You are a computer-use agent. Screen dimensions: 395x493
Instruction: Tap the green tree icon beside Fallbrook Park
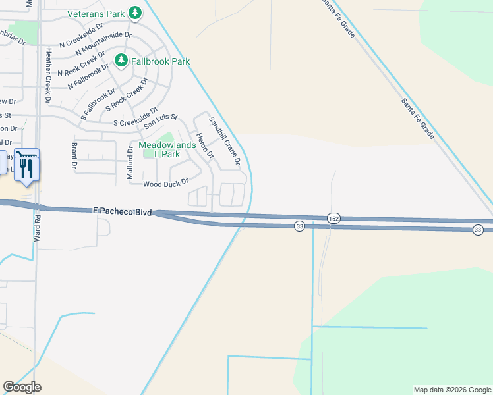click(x=121, y=61)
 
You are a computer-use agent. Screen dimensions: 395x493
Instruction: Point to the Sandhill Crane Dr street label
click(x=224, y=140)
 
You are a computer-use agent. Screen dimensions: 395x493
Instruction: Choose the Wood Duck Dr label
click(x=166, y=183)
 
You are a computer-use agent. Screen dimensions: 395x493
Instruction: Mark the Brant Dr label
click(x=74, y=155)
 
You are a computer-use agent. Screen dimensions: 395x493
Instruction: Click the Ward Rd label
click(x=38, y=227)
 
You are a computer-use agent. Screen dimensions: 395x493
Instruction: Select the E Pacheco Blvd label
click(x=123, y=211)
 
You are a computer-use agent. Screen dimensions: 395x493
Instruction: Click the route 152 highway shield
click(x=333, y=218)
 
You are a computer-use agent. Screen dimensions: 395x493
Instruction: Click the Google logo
click(x=22, y=387)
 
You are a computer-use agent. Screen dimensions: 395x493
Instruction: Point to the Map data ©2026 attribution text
click(x=451, y=390)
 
